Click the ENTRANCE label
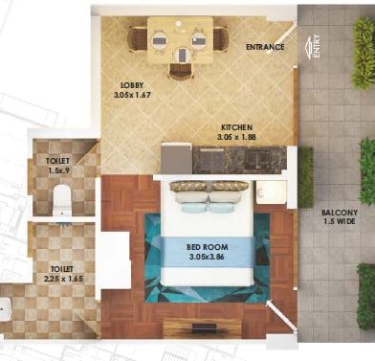(x=265, y=47)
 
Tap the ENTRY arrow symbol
(x=308, y=48)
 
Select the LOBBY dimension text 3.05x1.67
(x=132, y=95)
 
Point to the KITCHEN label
(x=236, y=127)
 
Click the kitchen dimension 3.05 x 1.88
(x=236, y=137)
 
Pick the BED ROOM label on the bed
(x=208, y=247)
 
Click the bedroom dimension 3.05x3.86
(x=207, y=257)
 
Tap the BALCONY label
(x=340, y=213)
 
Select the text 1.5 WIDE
(x=340, y=221)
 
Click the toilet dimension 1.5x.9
(x=59, y=170)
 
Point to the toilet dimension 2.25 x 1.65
(x=63, y=279)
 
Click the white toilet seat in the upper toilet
(x=61, y=199)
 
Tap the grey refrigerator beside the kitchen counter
(x=176, y=158)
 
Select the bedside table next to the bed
(x=271, y=192)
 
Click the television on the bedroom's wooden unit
(x=204, y=327)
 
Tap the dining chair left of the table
(x=137, y=39)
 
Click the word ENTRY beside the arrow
(x=317, y=46)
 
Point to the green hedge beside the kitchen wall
(x=306, y=177)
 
